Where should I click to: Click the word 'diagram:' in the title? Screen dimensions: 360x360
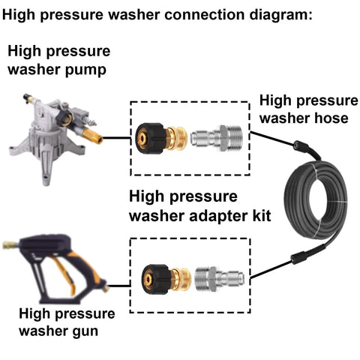click(x=280, y=14)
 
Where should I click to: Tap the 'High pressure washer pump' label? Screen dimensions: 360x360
click(x=59, y=60)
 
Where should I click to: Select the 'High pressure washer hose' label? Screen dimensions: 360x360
click(x=309, y=109)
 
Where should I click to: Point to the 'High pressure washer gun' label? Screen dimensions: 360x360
click(x=67, y=322)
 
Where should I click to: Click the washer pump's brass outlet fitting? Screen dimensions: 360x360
click(x=92, y=136)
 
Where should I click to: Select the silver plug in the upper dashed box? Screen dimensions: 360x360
click(x=217, y=138)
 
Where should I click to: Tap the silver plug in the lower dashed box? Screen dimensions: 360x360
click(x=220, y=279)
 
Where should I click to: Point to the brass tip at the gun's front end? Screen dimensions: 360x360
click(x=10, y=245)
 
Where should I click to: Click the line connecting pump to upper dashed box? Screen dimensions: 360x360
click(x=117, y=137)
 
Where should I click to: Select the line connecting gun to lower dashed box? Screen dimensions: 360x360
click(x=119, y=285)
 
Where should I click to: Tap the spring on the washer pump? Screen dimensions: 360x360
click(x=91, y=121)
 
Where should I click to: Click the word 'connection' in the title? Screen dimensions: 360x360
click(x=204, y=14)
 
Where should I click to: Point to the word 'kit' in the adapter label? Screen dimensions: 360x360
click(x=262, y=215)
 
